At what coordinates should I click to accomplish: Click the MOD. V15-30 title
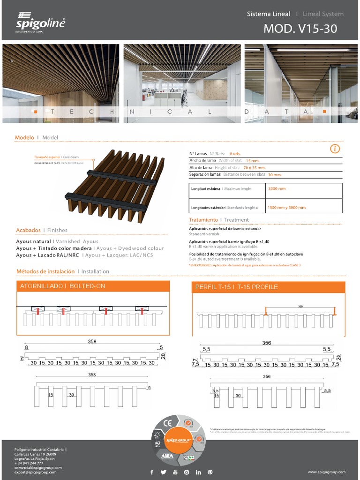pos(300,29)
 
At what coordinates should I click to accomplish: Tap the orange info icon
pos(335,149)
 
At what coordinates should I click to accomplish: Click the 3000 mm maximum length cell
pos(277,189)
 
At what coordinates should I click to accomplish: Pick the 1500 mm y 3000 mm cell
pos(286,207)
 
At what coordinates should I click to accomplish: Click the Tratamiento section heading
pos(203,220)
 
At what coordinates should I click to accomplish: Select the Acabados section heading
pos(28,230)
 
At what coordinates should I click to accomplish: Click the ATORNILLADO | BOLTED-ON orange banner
pos(93,286)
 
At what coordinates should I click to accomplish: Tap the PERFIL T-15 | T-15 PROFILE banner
pos(269,287)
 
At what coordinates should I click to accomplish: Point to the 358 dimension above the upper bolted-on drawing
pos(92,342)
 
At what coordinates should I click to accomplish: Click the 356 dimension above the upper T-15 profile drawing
pos(266,343)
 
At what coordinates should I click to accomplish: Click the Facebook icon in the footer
pos(151,472)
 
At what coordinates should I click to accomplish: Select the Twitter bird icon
pos(163,472)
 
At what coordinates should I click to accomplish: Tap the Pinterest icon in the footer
pos(210,472)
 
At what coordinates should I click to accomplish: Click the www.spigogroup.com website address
pos(326,472)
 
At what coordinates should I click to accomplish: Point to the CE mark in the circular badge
pos(167,425)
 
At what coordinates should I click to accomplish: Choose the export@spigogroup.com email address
pos(36,472)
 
